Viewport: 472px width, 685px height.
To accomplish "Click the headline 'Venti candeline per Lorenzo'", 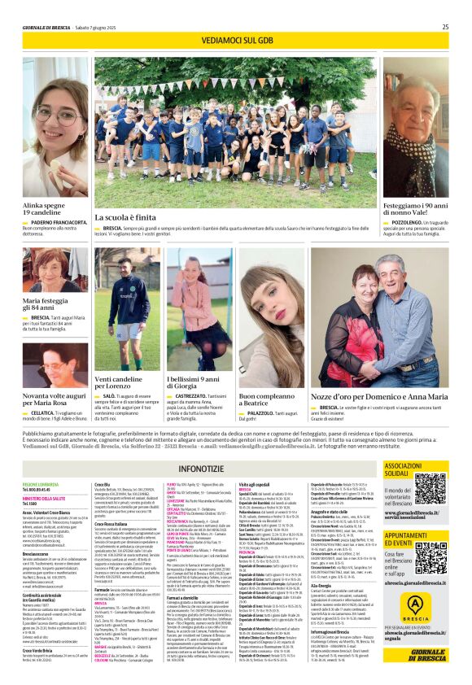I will click(x=120, y=383).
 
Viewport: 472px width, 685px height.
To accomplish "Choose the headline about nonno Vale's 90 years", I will click(x=415, y=210).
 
